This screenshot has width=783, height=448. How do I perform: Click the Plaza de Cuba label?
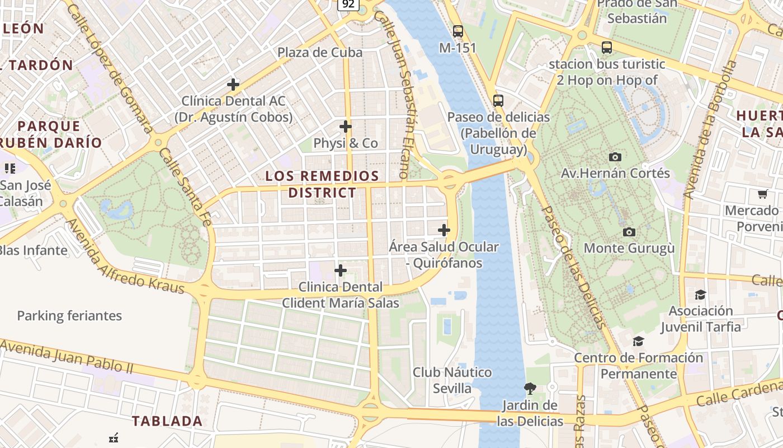click(320, 52)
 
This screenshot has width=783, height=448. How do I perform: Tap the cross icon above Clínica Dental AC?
click(233, 85)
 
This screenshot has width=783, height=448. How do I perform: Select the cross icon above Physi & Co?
click(346, 126)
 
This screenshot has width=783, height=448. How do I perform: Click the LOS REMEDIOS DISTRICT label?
click(322, 184)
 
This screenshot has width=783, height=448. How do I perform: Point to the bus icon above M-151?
click(458, 31)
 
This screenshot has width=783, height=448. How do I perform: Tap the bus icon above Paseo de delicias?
click(498, 101)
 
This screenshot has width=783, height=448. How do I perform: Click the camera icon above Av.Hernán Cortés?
click(615, 157)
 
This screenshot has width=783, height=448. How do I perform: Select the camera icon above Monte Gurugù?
click(629, 232)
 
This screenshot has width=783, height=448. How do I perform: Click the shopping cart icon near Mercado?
click(762, 194)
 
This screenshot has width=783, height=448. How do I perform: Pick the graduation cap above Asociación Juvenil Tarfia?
click(700, 295)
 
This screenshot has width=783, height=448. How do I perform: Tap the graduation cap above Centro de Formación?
click(638, 341)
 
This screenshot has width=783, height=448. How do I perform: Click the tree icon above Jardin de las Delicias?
click(530, 388)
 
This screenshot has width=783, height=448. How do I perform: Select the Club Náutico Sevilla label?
click(452, 380)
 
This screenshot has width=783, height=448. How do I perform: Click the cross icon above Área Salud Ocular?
click(444, 230)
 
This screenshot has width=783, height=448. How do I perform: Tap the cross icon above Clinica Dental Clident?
click(340, 271)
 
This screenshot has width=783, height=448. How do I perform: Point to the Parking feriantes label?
click(69, 316)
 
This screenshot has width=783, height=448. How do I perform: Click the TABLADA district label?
click(167, 421)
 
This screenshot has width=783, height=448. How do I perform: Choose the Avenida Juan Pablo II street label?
click(67, 357)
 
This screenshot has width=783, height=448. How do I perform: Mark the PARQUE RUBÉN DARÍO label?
click(50, 134)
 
